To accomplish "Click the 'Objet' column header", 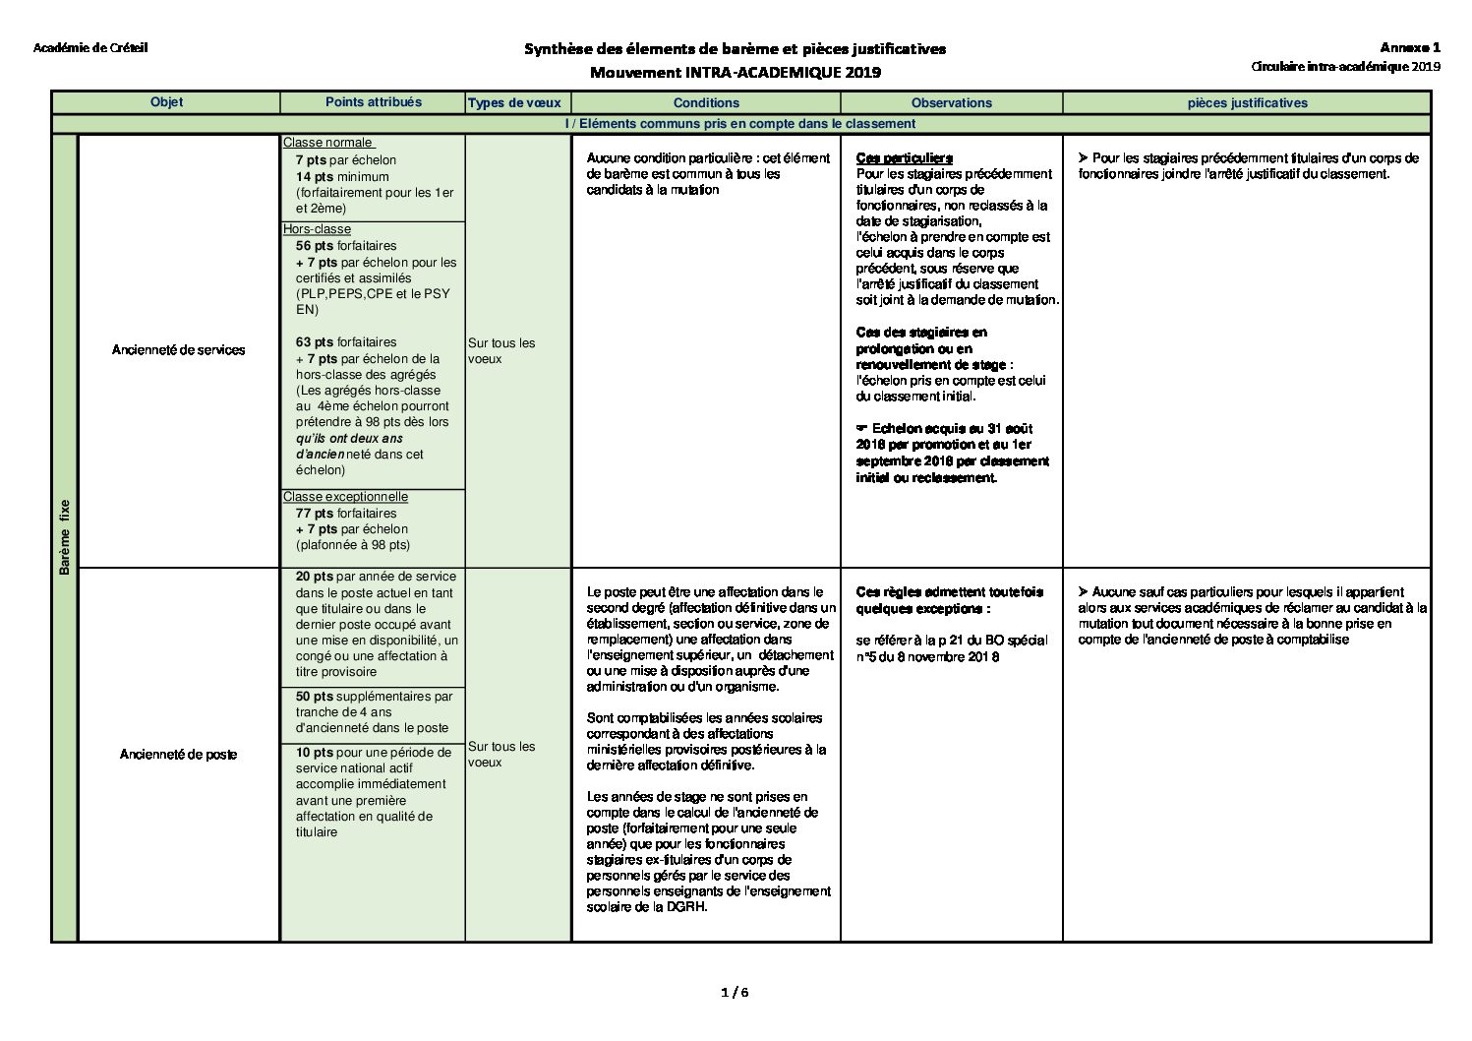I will [166, 102].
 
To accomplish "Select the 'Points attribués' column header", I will [373, 102].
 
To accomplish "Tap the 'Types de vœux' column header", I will [514, 102].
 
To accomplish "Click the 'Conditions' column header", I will [706, 102].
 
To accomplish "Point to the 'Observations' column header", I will [951, 102].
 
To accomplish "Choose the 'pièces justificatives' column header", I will [1247, 102].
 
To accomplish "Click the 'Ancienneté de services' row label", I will [178, 349].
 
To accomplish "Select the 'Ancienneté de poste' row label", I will [178, 755].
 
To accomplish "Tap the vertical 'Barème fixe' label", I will [65, 537].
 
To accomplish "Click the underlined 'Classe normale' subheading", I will [328, 143].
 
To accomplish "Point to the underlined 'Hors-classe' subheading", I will [317, 229].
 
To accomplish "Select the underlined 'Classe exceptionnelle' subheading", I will [345, 497].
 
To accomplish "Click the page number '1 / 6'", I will [735, 992].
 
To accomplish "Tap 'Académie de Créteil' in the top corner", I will [90, 48].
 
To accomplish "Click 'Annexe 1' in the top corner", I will [1409, 47].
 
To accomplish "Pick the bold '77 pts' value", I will [315, 514].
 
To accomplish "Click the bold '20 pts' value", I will [315, 577].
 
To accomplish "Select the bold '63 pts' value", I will [315, 342].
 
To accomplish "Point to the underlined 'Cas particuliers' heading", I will [904, 158].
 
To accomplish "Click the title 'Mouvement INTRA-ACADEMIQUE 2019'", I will [735, 72].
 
